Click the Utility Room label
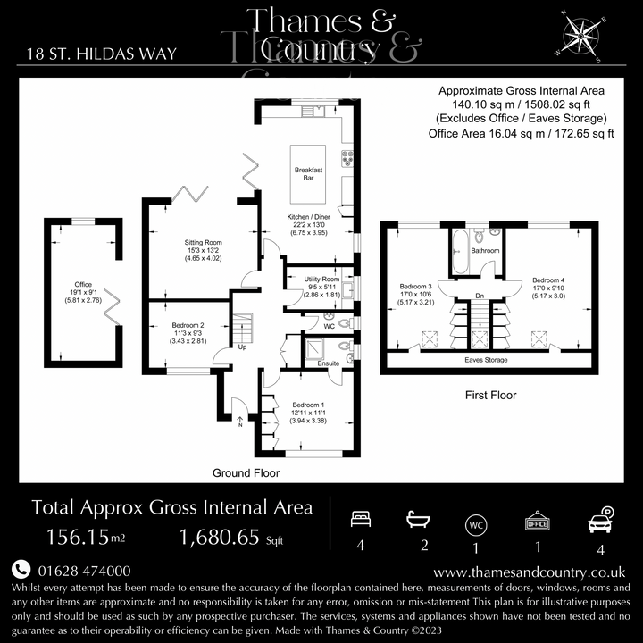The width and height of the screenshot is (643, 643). point(321,280)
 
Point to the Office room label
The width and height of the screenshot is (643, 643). point(83,285)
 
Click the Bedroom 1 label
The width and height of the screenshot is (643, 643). point(309,406)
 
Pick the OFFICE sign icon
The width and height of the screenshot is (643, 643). point(536,520)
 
